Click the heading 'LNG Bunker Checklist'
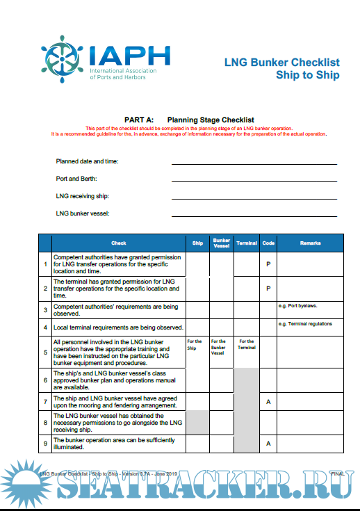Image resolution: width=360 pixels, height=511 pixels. click(281, 62)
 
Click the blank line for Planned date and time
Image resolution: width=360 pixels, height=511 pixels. click(254, 163)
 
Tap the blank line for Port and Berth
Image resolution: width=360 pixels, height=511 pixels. click(254, 180)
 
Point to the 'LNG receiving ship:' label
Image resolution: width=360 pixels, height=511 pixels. click(83, 196)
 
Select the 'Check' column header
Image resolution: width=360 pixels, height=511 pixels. click(119, 243)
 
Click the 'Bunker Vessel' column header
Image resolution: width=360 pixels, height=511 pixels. click(221, 243)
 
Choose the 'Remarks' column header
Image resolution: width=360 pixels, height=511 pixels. click(310, 243)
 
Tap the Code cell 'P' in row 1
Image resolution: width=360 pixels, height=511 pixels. click(268, 264)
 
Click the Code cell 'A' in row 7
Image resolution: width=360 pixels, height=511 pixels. click(268, 402)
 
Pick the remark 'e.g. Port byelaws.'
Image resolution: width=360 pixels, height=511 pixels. click(300, 305)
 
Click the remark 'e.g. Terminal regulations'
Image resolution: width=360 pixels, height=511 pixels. click(305, 323)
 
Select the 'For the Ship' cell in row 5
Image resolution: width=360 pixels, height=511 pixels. click(195, 345)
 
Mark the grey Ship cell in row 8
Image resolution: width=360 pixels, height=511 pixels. click(197, 423)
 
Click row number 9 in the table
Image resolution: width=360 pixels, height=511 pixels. click(45, 442)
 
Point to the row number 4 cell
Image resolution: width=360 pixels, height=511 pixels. click(45, 327)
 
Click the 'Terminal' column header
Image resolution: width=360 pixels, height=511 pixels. click(247, 243)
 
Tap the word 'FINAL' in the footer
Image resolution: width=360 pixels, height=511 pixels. click(338, 473)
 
